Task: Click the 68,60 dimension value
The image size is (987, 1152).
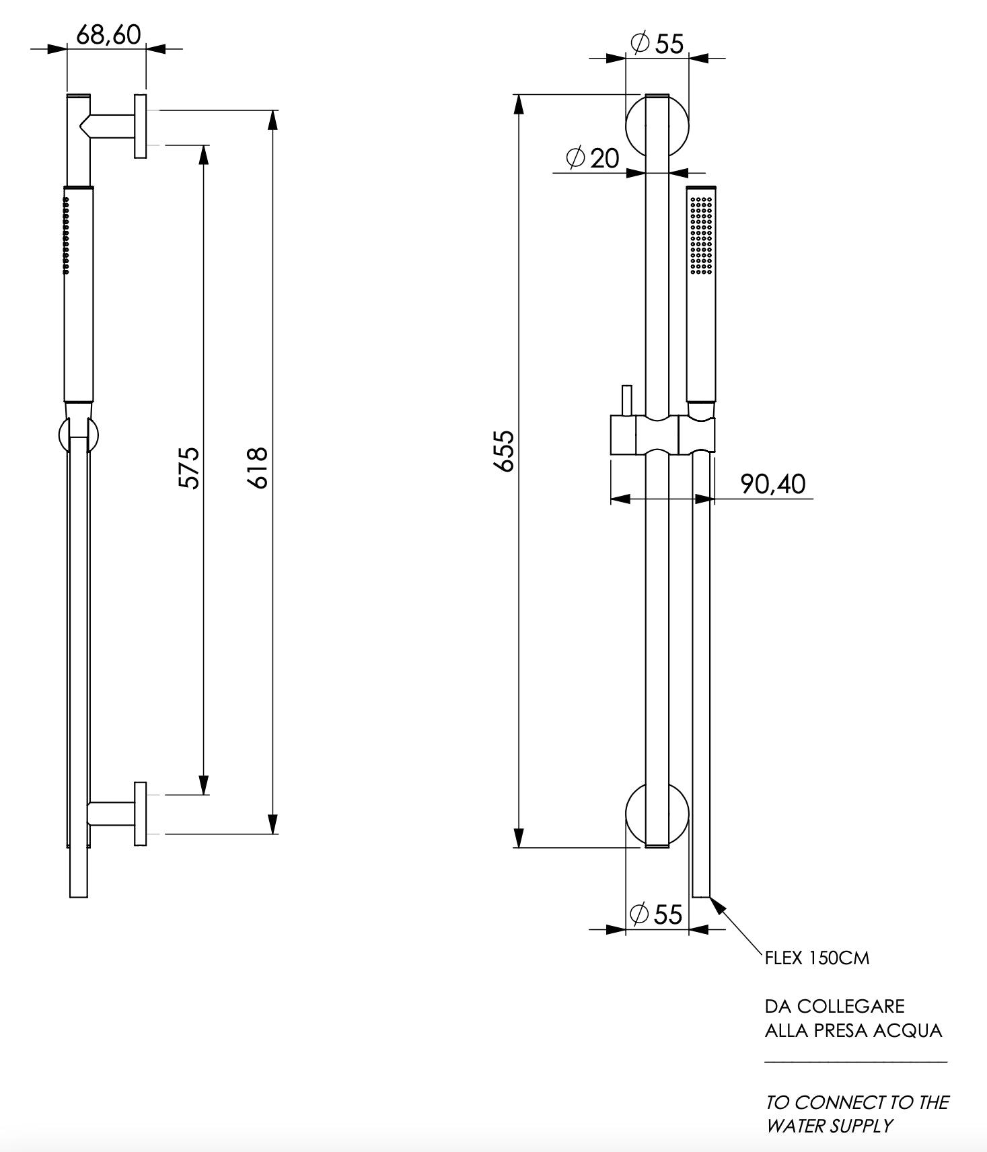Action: [x=108, y=35]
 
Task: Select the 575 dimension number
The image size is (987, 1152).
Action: [x=189, y=467]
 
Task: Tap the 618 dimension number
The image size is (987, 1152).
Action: [x=258, y=467]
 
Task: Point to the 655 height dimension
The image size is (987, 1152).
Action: [x=505, y=451]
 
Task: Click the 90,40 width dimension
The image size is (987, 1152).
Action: [x=772, y=484]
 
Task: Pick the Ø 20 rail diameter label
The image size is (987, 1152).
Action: [x=593, y=158]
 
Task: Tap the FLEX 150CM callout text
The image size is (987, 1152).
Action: [x=817, y=958]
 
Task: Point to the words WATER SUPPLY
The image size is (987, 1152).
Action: [x=830, y=1126]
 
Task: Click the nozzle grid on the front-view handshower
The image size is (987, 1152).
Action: [x=701, y=234]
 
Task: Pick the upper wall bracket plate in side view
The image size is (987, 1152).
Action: [x=140, y=127]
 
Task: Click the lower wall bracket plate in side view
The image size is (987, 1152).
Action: [x=140, y=814]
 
